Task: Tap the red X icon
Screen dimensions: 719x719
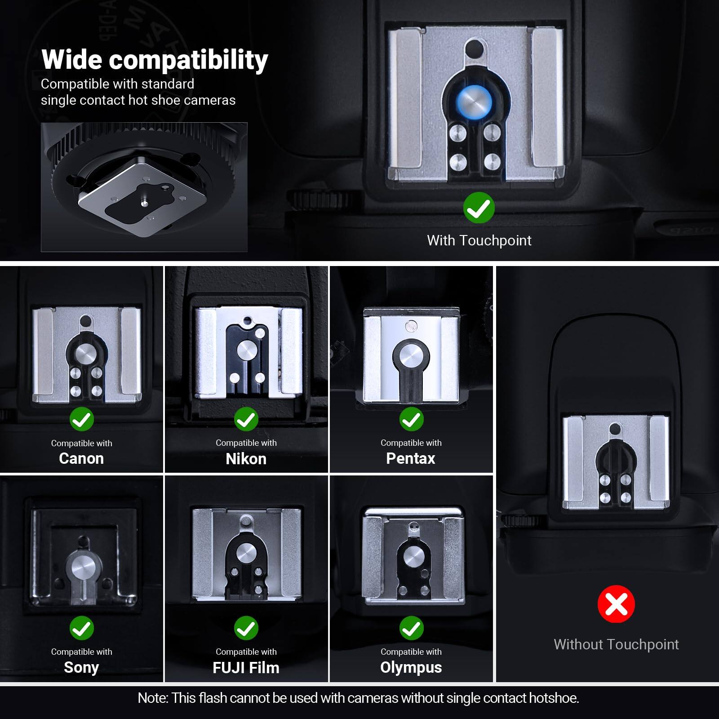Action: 616,604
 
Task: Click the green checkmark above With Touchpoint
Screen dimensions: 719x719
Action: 479,208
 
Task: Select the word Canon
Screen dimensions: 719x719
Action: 81,458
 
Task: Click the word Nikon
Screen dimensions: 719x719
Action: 246,459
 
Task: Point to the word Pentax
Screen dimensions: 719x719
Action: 410,458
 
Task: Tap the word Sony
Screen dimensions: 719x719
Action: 81,667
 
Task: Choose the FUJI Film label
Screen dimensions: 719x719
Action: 246,668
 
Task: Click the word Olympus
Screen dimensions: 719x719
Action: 411,667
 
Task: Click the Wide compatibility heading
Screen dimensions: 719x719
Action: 155,60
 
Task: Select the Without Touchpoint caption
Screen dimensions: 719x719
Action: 616,644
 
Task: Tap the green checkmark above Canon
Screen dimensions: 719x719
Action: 82,419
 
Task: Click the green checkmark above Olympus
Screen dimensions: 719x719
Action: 411,628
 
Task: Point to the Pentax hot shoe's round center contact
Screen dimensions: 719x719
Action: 411,357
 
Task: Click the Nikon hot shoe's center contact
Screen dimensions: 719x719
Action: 246,350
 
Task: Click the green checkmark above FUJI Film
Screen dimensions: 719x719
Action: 246,628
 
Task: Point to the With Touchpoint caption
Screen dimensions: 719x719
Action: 479,240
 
